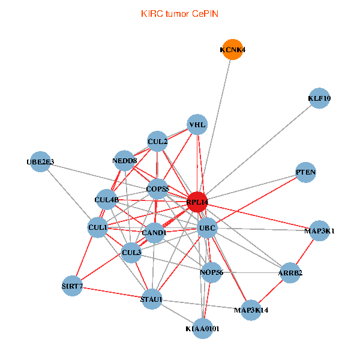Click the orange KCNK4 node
click(232, 50)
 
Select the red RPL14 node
click(197, 202)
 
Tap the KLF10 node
click(320, 98)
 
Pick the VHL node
click(197, 125)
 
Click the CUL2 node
click(157, 142)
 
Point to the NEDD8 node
click(124, 161)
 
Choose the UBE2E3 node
click(40, 162)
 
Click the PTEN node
click(305, 173)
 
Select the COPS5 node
click(158, 190)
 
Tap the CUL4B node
click(107, 199)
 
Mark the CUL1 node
click(98, 228)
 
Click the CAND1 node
click(154, 232)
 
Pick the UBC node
click(207, 229)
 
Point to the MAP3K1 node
click(319, 230)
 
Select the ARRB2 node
click(290, 273)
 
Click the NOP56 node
click(211, 272)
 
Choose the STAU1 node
click(151, 299)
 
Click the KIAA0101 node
click(203, 328)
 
